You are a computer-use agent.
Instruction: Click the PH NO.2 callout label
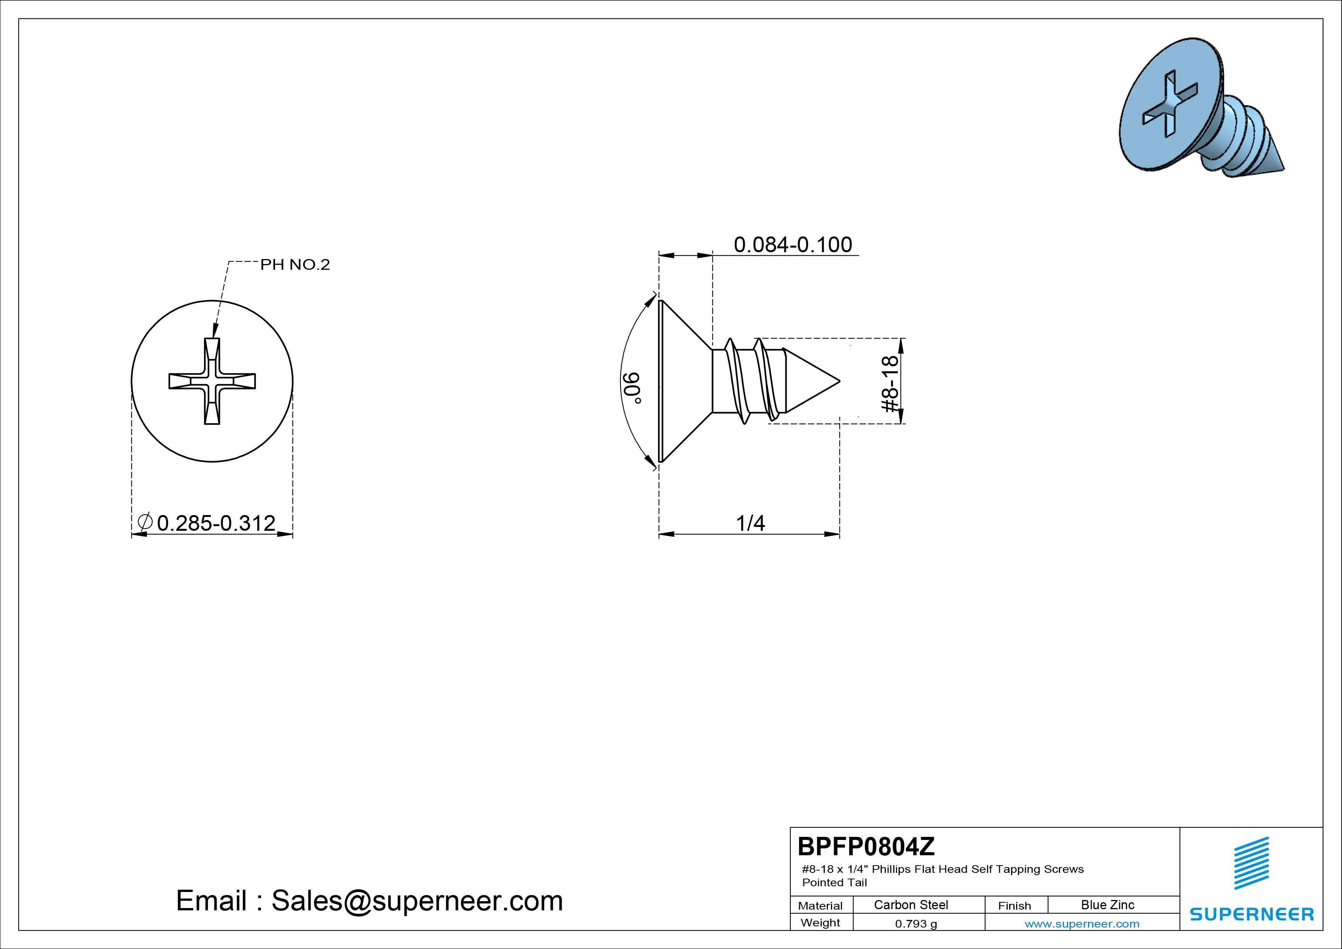pyautogui.click(x=295, y=265)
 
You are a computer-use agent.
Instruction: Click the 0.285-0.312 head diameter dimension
pyautogui.click(x=216, y=523)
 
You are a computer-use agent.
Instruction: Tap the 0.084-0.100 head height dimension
pyautogui.click(x=793, y=245)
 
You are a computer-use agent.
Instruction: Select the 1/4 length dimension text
pyautogui.click(x=751, y=523)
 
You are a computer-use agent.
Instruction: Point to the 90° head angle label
pyautogui.click(x=632, y=388)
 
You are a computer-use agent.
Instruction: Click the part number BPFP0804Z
pyautogui.click(x=866, y=846)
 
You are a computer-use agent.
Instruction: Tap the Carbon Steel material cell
pyautogui.click(x=910, y=905)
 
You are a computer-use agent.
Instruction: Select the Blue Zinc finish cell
pyautogui.click(x=1107, y=905)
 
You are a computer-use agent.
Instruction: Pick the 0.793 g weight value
pyautogui.click(x=916, y=924)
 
